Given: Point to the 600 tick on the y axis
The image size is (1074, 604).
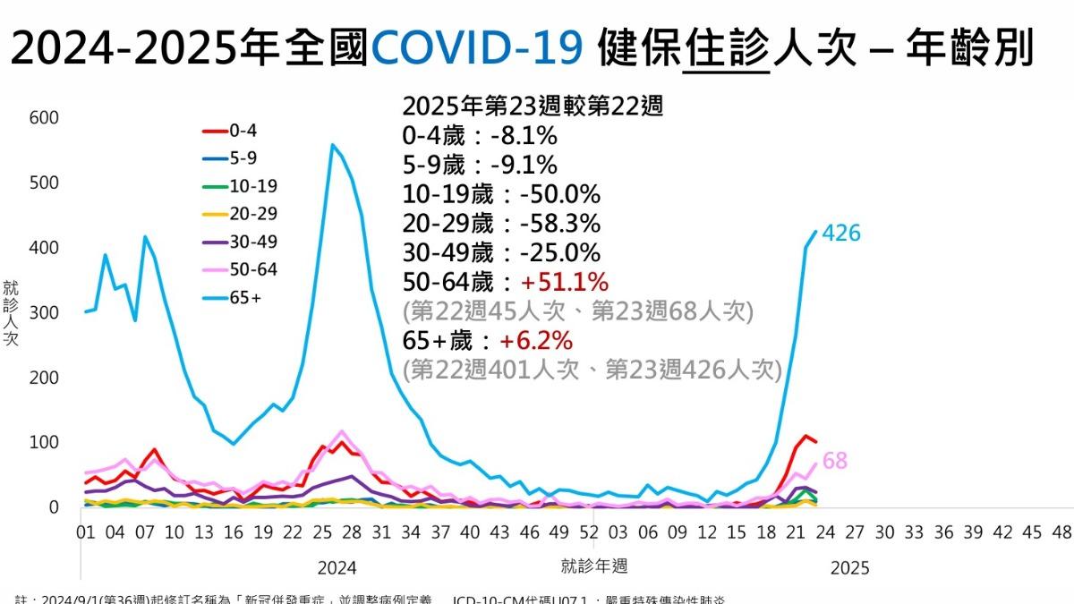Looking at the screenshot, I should pos(44,118).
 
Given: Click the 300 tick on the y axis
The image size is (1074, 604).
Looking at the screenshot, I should pos(44,313).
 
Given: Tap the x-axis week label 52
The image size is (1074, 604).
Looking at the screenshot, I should pos(588,532).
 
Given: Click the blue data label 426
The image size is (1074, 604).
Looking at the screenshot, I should pos(840,234).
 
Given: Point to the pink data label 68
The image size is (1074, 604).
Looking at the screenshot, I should pos(834,462).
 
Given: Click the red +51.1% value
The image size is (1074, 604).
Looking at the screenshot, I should pos(565,283).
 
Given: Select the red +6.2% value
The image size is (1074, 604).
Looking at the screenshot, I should pos(536,341).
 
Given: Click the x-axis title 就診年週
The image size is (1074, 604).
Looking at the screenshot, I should pos(594,566).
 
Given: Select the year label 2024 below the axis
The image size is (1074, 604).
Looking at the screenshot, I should pos(337,567).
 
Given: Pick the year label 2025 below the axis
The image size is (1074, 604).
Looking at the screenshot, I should pos(849,567).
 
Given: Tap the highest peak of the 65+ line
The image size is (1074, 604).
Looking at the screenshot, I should pos(332,145).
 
